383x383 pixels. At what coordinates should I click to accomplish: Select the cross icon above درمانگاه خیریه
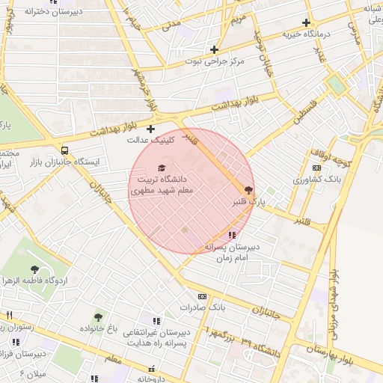pos(306,23)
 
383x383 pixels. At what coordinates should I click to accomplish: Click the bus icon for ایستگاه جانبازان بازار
pos(65,150)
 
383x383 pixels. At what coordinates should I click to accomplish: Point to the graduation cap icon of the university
pos(161,168)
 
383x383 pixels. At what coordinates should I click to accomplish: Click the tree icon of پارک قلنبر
pos(248,190)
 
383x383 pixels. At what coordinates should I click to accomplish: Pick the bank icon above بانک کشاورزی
pos(316,168)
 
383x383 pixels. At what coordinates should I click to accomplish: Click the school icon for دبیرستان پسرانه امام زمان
pos(231,235)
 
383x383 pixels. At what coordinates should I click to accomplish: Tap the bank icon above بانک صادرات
pos(202,296)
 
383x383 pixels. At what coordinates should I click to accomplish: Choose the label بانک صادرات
pos(203,307)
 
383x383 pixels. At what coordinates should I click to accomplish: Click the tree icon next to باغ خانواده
pos(98,317)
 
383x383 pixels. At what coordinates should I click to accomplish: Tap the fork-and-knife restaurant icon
pos(9,315)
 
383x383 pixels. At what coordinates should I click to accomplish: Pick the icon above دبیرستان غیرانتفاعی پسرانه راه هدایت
pos(156,320)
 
